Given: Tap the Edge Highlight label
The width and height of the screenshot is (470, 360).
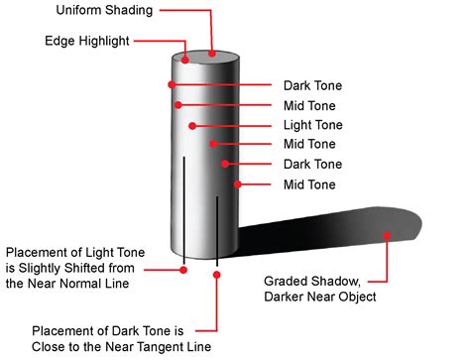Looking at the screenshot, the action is tap(86, 42).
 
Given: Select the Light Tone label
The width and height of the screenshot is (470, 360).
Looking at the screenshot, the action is tap(312, 125).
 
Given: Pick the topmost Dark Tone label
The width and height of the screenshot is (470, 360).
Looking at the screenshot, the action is tap(312, 85).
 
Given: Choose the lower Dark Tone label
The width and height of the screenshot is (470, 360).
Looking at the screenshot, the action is tap(312, 164).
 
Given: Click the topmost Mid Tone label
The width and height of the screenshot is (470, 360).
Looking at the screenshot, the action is tap(310, 105).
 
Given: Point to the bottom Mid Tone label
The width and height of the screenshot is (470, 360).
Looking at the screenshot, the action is tap(310, 183).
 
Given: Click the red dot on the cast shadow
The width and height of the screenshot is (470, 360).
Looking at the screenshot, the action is tap(387, 235).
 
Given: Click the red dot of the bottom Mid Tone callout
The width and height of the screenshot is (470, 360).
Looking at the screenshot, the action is tap(237, 183).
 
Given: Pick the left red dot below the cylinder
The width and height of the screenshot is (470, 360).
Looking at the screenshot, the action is tap(184, 268).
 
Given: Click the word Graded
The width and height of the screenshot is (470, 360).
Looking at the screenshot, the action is tap(289, 280).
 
